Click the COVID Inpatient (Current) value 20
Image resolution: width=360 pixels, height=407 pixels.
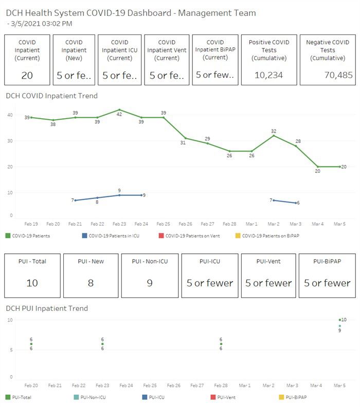coord(27,76)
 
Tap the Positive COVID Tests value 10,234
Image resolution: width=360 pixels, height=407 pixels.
coord(269,76)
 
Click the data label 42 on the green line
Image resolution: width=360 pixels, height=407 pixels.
coord(119,114)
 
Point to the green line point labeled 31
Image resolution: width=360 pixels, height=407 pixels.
coord(186,138)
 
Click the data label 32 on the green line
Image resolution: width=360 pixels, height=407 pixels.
coord(274,131)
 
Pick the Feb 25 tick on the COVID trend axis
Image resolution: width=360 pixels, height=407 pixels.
coord(164,224)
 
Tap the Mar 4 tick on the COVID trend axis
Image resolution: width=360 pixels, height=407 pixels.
coord(318,224)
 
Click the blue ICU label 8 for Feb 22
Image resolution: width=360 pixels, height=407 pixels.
coord(97,202)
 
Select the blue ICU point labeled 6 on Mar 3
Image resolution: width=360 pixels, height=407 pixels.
coord(296,203)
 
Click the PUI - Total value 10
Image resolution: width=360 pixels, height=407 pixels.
coord(32,283)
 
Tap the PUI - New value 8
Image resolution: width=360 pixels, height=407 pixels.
coord(91,283)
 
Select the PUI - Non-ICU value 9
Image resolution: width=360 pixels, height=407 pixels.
coord(150,283)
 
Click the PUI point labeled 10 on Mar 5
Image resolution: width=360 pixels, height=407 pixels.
coord(340,320)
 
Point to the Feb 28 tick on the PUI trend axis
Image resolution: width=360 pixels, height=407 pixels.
coord(221,385)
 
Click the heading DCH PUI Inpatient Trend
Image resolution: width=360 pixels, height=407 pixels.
coord(47,308)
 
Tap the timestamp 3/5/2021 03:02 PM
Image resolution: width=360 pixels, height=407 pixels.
coord(42,23)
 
